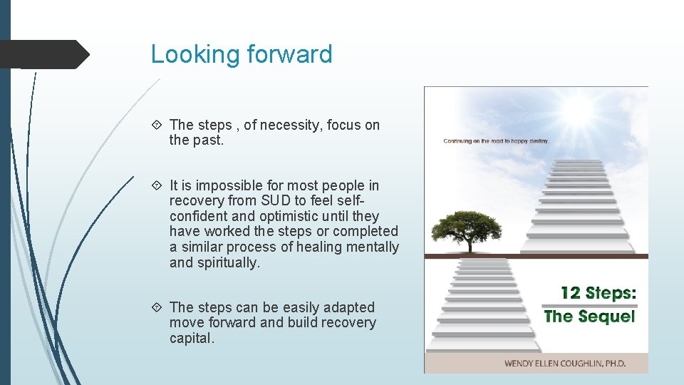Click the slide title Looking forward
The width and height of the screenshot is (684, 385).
click(242, 54)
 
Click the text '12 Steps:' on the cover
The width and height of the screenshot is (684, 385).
click(598, 293)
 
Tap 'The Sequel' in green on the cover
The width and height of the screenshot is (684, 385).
click(589, 316)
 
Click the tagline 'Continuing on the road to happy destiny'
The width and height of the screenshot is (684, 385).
click(497, 141)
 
